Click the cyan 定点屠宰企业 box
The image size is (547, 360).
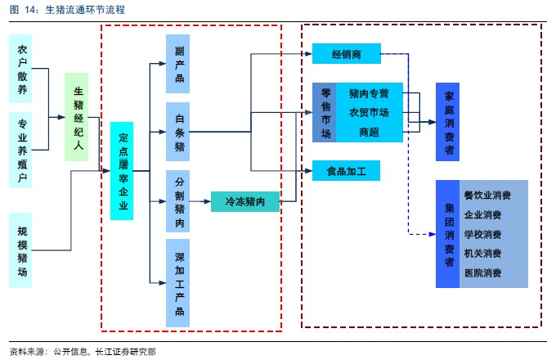(123, 171)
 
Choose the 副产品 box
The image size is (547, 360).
(180, 64)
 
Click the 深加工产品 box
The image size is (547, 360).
(180, 282)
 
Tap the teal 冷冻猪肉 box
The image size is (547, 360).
(244, 200)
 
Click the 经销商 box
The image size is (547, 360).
(346, 55)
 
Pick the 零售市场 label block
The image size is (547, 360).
(325, 112)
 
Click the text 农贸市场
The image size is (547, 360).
(368, 111)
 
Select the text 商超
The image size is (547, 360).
(368, 132)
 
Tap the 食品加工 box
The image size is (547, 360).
(346, 170)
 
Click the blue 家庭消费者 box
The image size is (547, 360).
(449, 122)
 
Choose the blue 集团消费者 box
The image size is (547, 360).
(449, 234)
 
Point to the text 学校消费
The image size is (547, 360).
(482, 234)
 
